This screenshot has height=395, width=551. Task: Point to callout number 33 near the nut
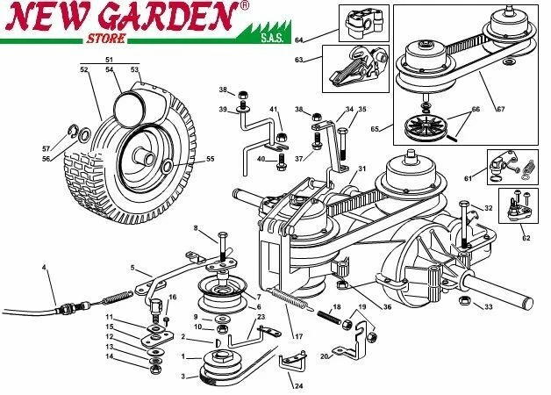coord(489,306)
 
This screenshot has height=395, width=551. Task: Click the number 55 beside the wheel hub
coord(210,159)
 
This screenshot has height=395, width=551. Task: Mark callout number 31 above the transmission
coord(362,169)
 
